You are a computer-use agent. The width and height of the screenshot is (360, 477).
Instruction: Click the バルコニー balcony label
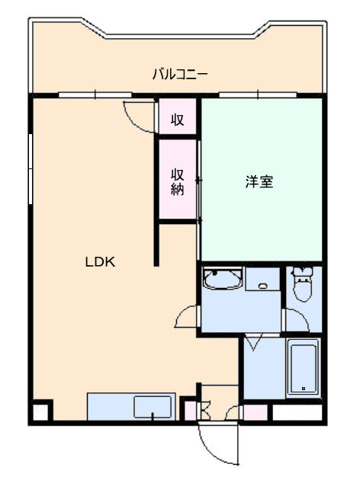pyautogui.click(x=180, y=74)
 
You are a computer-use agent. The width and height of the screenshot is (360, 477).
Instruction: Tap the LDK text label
pyautogui.click(x=100, y=262)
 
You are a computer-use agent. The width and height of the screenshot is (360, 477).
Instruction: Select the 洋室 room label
pyautogui.click(x=259, y=181)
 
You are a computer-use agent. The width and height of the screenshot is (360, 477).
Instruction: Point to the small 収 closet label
pyautogui.click(x=177, y=120)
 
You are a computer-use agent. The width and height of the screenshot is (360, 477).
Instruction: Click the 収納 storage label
pyautogui.click(x=177, y=182)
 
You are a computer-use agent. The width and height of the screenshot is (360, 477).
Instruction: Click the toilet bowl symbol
pyautogui.click(x=303, y=283)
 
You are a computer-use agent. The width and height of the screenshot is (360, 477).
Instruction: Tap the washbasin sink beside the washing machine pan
pyautogui.click(x=223, y=278)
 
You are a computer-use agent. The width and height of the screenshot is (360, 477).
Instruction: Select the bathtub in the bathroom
pyautogui.click(x=304, y=368)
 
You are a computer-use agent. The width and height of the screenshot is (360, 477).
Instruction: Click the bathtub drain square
pyautogui.click(x=304, y=389)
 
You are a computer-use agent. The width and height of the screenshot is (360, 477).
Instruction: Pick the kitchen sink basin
pyautogui.click(x=153, y=407)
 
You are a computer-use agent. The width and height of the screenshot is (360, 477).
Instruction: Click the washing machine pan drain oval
pyautogui.click(x=262, y=286)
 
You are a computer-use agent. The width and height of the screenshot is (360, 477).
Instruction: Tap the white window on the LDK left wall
pyautogui.click(x=31, y=169)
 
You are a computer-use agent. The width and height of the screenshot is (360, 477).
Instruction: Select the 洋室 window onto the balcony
pyautogui.click(x=258, y=95)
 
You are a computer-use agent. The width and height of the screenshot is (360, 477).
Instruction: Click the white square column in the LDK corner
pyautogui.click(x=40, y=412)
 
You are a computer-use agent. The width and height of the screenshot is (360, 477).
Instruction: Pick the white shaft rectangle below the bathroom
pyautogui.click(x=297, y=412)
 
